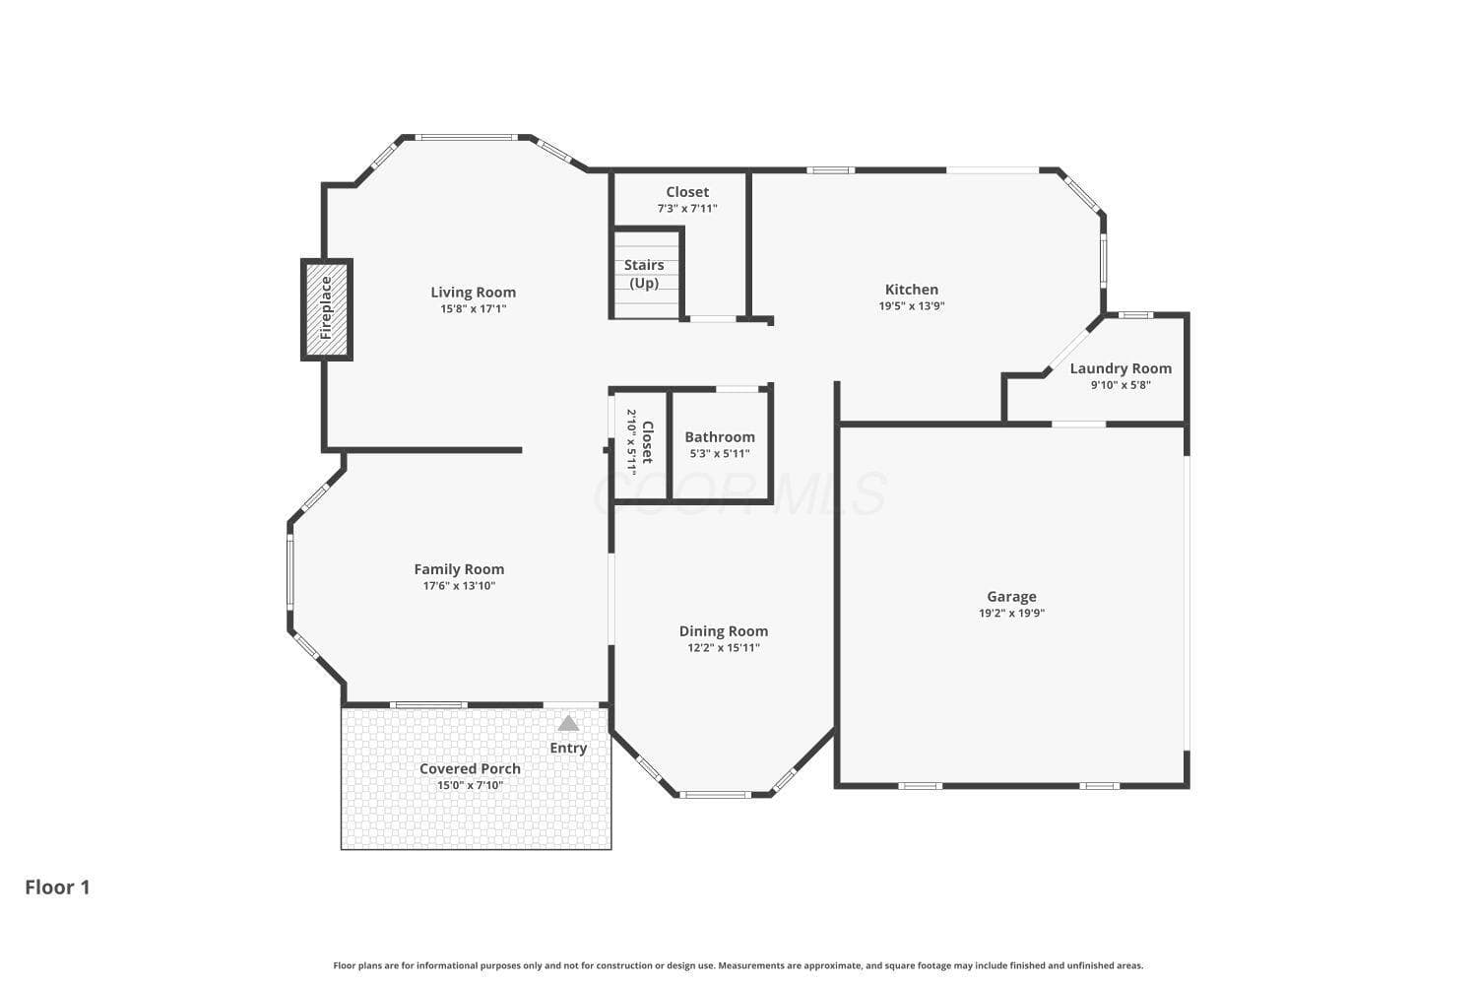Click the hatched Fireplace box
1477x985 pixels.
(x=327, y=309)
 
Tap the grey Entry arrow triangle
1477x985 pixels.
(x=568, y=723)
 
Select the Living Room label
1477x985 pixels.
(x=474, y=293)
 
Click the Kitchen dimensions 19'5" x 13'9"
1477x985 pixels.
(x=912, y=306)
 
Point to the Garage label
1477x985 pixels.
(x=1011, y=596)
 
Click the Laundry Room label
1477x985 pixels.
(x=1121, y=368)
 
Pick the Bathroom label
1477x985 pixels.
(x=720, y=436)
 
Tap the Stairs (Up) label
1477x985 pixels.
(x=644, y=274)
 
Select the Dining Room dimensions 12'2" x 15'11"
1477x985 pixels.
(x=724, y=648)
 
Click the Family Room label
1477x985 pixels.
(x=459, y=569)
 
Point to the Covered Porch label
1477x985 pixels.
(x=470, y=768)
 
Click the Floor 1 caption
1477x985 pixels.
(x=57, y=887)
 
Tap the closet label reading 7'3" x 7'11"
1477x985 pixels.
(x=687, y=209)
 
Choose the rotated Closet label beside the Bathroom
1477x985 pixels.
(x=648, y=442)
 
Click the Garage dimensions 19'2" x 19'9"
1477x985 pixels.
(x=1011, y=613)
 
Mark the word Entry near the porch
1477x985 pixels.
(x=568, y=749)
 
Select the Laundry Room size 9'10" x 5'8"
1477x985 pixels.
(x=1121, y=385)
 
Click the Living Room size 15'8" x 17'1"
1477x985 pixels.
(x=474, y=308)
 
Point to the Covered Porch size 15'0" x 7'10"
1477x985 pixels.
(x=470, y=785)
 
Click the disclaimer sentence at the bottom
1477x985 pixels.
(x=738, y=965)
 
